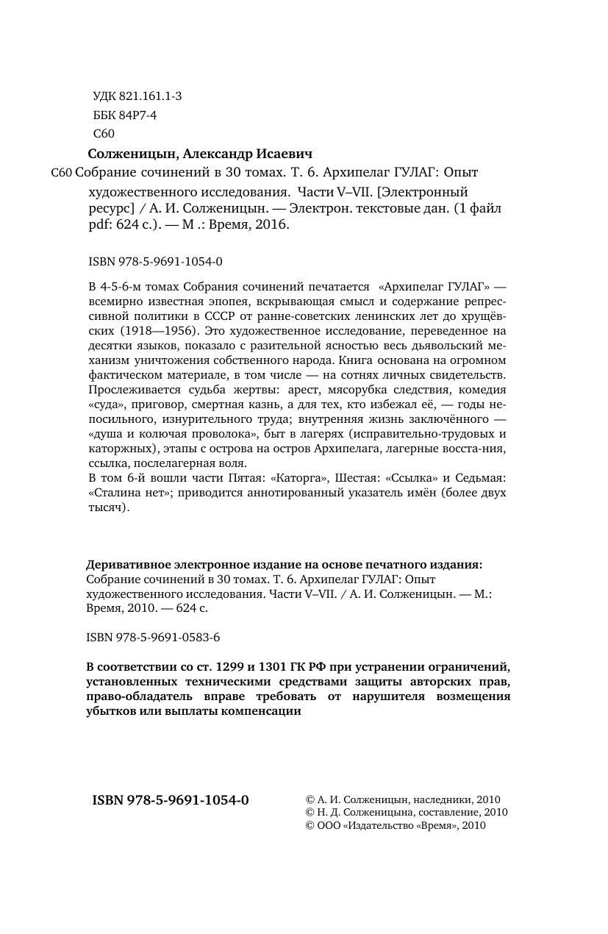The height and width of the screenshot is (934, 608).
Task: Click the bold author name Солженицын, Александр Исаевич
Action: click(200, 154)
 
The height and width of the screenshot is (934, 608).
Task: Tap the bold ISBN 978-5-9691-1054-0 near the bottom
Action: click(171, 800)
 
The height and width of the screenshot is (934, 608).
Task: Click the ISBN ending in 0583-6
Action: click(153, 637)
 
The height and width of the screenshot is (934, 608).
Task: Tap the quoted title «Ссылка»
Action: click(412, 478)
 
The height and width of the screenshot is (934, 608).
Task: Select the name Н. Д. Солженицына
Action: click(369, 813)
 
